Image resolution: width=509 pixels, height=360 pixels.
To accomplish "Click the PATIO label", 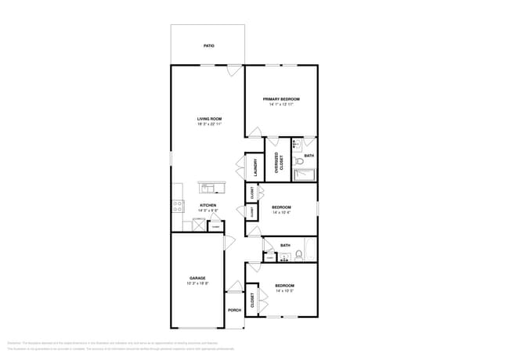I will tap(208, 46).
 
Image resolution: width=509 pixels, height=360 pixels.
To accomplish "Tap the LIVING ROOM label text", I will tap(209, 119).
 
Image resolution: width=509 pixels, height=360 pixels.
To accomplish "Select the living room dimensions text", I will tap(209, 124).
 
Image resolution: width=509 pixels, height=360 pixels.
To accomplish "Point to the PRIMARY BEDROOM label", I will tap(281, 99).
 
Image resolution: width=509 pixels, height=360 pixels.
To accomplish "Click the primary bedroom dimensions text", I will tap(281, 104).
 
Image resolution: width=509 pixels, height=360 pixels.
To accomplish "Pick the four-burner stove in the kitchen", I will tap(178, 207).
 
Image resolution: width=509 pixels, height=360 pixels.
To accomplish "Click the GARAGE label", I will tap(197, 279).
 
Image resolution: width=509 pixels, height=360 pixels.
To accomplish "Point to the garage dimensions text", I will tap(197, 284).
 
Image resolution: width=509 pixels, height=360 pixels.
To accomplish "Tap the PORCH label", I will tap(234, 310).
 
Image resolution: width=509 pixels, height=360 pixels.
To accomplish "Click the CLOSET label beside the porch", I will tap(253, 301).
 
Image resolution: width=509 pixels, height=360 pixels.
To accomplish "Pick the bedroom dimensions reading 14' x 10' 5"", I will tap(284, 291).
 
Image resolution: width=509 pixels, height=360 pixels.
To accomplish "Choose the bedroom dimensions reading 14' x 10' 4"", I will tap(281, 213).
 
